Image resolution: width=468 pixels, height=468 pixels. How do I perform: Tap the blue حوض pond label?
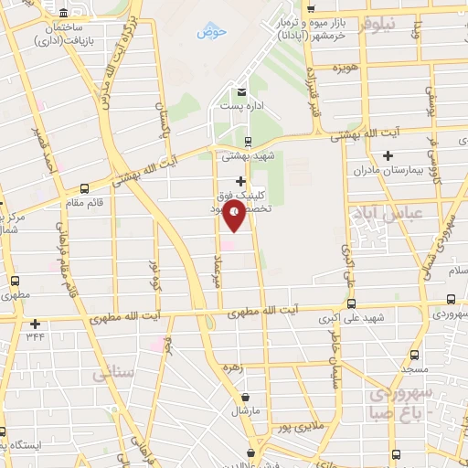pyautogui.click(x=210, y=34)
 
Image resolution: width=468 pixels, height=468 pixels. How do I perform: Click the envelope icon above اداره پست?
pyautogui.click(x=240, y=93)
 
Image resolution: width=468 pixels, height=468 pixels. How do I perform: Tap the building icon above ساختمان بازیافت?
pyautogui.click(x=62, y=14)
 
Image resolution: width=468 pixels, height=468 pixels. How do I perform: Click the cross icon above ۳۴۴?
pyautogui.click(x=35, y=324)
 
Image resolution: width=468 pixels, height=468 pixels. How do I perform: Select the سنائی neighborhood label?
pyautogui.click(x=108, y=374)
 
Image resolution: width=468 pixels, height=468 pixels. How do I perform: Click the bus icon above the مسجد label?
pyautogui.click(x=414, y=355)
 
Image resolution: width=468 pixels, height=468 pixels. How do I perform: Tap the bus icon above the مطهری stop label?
pyautogui.click(x=14, y=282)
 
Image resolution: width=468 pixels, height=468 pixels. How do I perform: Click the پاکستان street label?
pyautogui.click(x=165, y=142)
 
